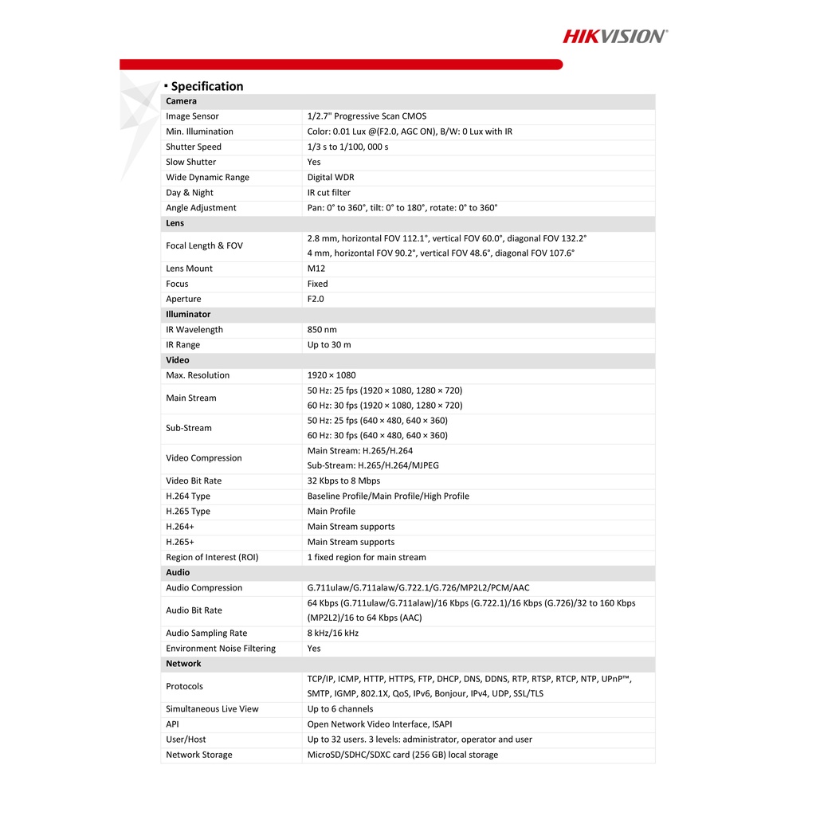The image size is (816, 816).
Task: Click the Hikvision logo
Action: [615, 36]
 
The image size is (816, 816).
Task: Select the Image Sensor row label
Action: [192, 116]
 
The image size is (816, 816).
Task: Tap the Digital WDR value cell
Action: [331, 178]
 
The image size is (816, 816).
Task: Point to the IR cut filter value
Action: [329, 193]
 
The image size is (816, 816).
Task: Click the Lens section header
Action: [175, 223]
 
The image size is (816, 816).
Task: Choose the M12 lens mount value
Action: [316, 269]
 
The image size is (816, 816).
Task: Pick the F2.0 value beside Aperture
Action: [316, 299]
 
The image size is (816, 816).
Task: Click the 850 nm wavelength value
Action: [321, 330]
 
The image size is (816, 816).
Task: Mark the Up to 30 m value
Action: [329, 345]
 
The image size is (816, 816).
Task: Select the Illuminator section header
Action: [188, 314]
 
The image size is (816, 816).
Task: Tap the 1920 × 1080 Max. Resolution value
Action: [331, 375]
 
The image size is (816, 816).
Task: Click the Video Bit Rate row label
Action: [194, 481]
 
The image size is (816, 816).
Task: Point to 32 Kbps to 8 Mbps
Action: [343, 481]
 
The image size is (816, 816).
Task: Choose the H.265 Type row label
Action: [188, 512]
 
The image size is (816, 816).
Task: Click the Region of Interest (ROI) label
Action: [212, 558]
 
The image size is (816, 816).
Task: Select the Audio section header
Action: [178, 572]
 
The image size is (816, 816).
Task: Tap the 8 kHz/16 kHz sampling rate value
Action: [333, 634]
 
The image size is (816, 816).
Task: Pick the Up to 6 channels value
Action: [340, 709]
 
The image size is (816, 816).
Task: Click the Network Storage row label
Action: [199, 755]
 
